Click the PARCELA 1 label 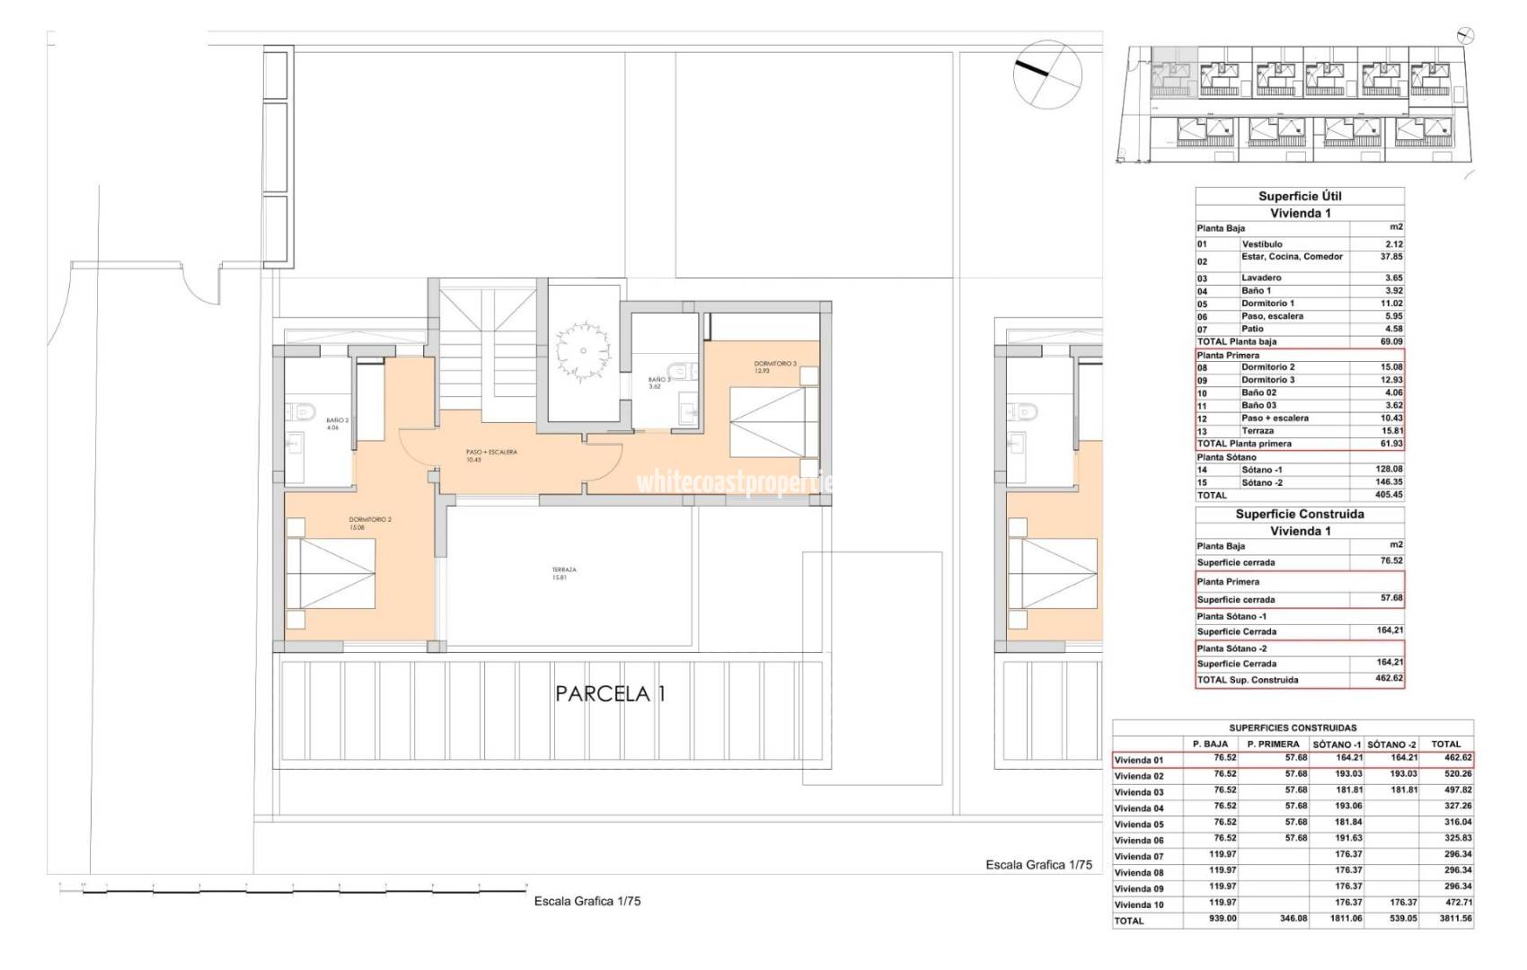click(x=611, y=693)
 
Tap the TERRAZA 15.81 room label click(x=564, y=573)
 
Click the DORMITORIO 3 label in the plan click(x=775, y=366)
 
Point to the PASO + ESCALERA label click(x=490, y=455)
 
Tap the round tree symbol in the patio click(x=582, y=341)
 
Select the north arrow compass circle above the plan click(x=1046, y=72)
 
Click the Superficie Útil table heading click(x=1299, y=196)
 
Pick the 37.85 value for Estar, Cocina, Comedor click(x=1390, y=256)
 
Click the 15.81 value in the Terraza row click(x=1390, y=430)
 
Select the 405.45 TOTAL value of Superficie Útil click(x=1388, y=495)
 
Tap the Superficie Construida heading click(x=1299, y=515)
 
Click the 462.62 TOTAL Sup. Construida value click(x=1389, y=679)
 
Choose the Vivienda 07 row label click(x=1139, y=857)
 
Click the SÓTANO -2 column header click(x=1391, y=744)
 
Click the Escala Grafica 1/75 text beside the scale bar click(x=587, y=901)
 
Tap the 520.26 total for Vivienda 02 click(x=1445, y=774)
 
